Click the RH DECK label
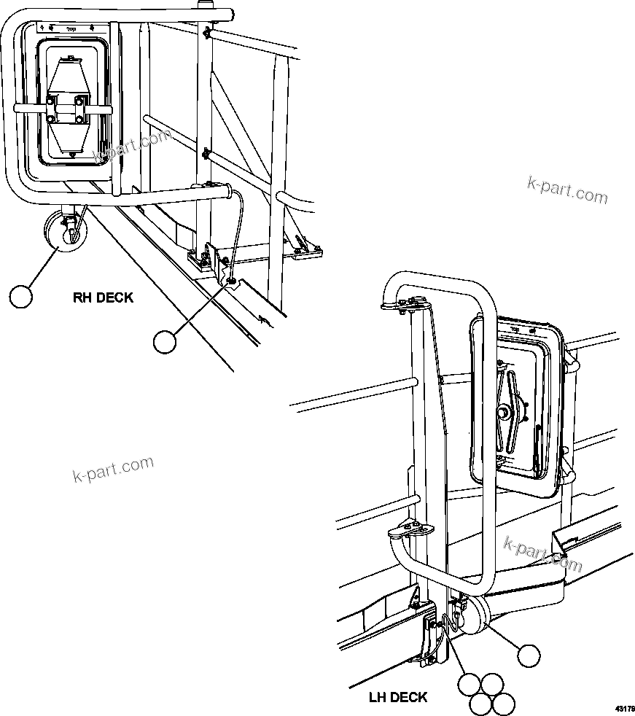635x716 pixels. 103,297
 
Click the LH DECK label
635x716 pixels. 397,698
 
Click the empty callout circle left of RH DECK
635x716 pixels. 22,297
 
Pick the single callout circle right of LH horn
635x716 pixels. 529,655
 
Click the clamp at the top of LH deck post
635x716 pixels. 412,305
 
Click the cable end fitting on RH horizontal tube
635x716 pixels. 230,192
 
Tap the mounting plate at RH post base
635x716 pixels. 201,258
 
